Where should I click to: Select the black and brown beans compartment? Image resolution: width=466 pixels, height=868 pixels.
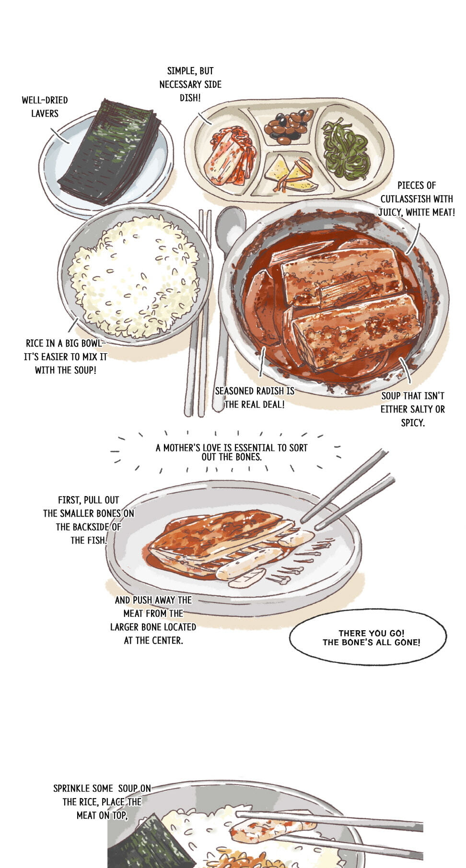(288, 126)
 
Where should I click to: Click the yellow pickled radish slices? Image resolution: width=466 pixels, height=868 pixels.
(290, 174)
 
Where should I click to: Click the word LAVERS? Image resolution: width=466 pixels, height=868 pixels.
(45, 114)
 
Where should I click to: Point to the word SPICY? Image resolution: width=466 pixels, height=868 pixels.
(413, 423)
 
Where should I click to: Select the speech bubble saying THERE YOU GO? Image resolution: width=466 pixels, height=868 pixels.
(368, 637)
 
